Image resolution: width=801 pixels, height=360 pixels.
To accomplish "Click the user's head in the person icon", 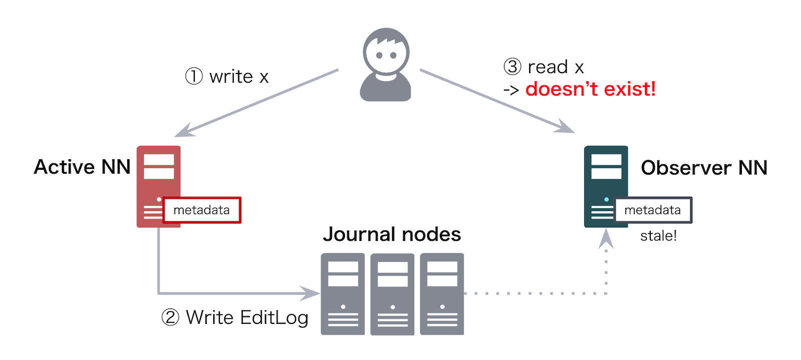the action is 386,52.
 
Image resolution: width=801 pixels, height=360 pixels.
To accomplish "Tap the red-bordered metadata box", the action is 202,210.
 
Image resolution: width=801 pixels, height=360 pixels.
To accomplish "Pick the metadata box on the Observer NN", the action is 653,210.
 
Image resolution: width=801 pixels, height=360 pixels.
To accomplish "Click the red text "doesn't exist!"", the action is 590,89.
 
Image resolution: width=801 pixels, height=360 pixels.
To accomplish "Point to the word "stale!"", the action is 658,236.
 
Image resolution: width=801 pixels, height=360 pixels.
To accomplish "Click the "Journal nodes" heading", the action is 392,234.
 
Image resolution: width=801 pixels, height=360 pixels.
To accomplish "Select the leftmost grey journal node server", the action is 342,294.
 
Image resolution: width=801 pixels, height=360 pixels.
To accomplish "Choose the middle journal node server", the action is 392,294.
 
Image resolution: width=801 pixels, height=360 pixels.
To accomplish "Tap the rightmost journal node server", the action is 442,294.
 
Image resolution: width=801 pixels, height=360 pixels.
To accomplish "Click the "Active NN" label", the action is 82,167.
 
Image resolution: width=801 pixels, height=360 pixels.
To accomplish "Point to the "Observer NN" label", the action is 704,168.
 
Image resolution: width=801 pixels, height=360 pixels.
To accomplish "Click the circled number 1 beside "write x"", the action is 194,77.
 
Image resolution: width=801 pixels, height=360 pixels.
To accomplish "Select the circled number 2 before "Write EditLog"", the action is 170,317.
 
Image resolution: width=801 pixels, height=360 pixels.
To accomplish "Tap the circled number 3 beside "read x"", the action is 512,67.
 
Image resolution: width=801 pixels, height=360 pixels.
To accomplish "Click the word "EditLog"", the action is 274,318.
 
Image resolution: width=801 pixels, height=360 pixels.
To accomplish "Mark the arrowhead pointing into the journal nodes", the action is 310,293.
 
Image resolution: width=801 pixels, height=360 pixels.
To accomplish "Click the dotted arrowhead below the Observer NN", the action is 606,238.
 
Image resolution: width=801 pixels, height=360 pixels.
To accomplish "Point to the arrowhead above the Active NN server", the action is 185,131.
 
